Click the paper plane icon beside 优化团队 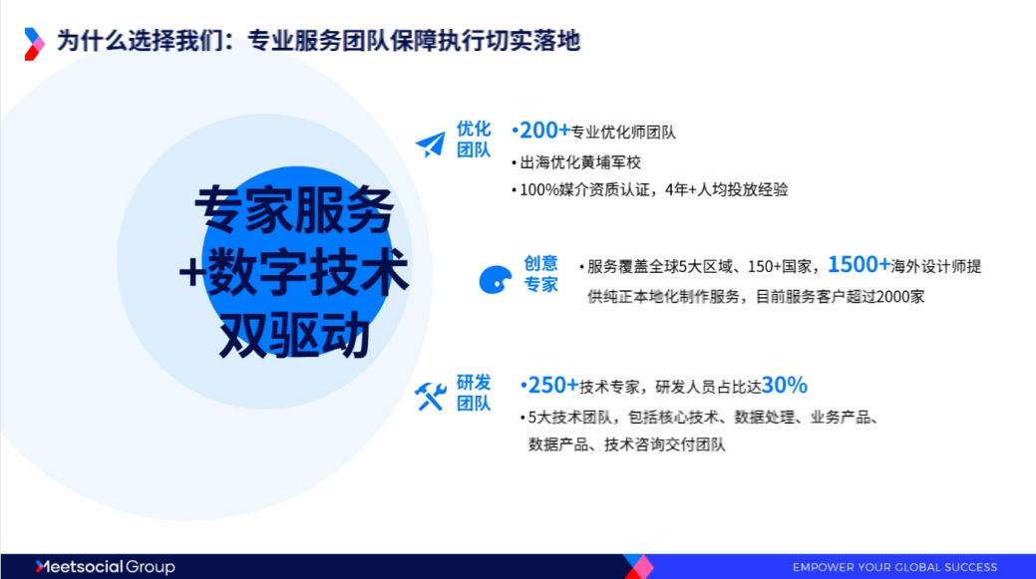pyautogui.click(x=430, y=145)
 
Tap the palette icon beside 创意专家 pyautogui.click(x=495, y=280)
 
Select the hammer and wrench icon pyautogui.click(x=430, y=397)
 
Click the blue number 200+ pyautogui.click(x=540, y=131)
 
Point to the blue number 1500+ pyautogui.click(x=859, y=265)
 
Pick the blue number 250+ pyautogui.click(x=549, y=386)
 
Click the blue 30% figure pyautogui.click(x=785, y=386)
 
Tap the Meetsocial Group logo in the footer pyautogui.click(x=105, y=567)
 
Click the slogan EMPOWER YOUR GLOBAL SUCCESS pyautogui.click(x=894, y=567)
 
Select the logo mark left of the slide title pyautogui.click(x=35, y=43)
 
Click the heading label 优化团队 pyautogui.click(x=474, y=140)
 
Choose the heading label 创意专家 pyautogui.click(x=541, y=274)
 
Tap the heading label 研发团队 pyautogui.click(x=474, y=393)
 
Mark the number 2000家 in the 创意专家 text pyautogui.click(x=904, y=296)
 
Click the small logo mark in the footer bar pyautogui.click(x=637, y=566)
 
